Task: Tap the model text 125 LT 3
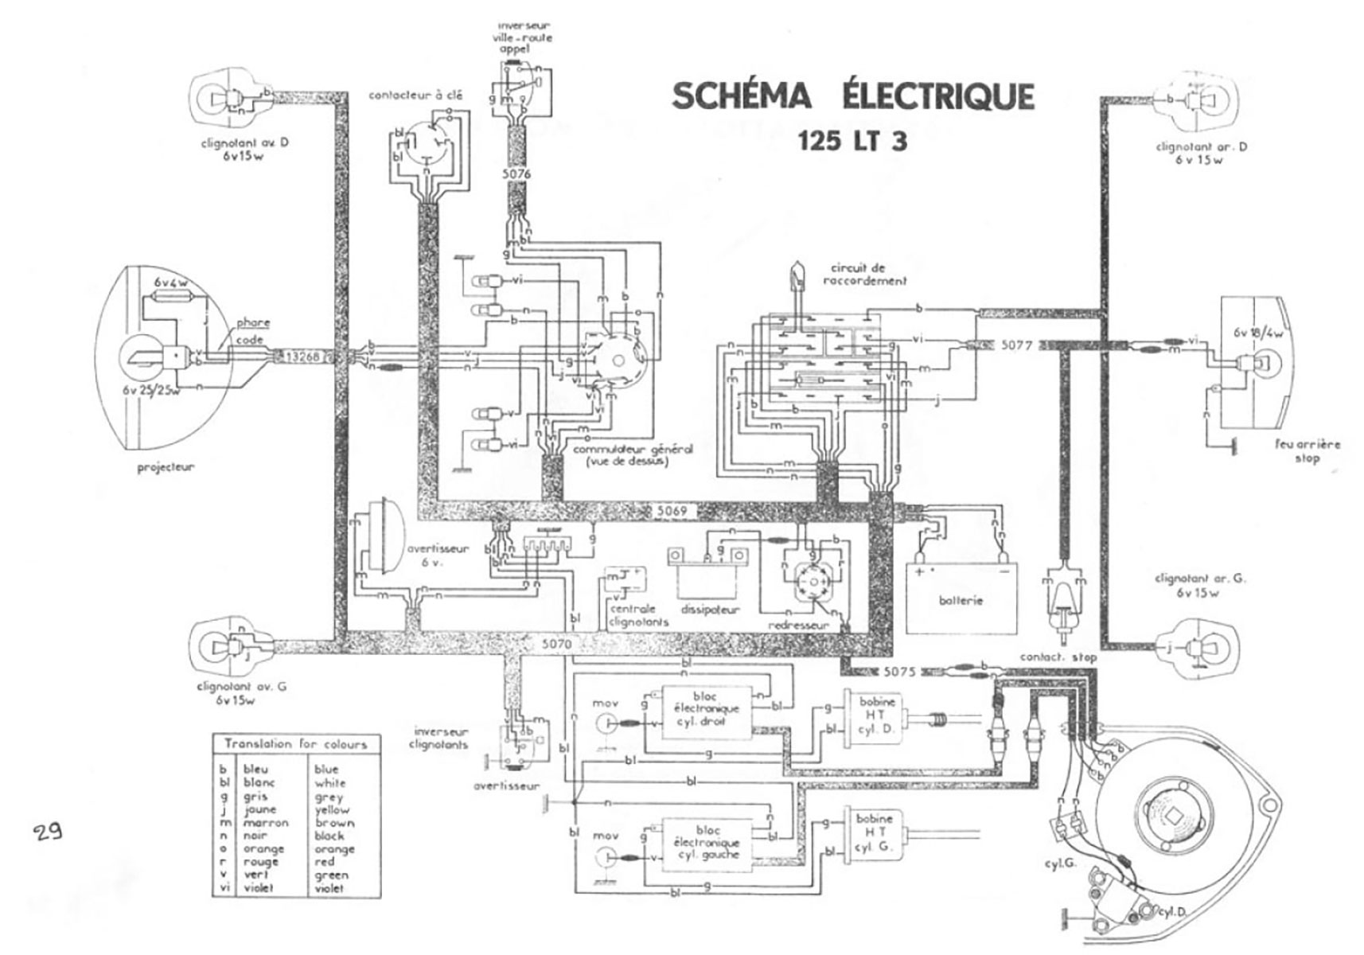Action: click(x=852, y=141)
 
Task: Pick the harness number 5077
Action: click(x=1016, y=345)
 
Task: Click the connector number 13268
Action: click(x=303, y=357)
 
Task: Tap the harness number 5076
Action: click(x=516, y=173)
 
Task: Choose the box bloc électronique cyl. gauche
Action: click(x=707, y=842)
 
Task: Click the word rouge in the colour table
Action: click(x=261, y=862)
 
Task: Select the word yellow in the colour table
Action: click(x=332, y=809)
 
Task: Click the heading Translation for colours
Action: click(x=296, y=744)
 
